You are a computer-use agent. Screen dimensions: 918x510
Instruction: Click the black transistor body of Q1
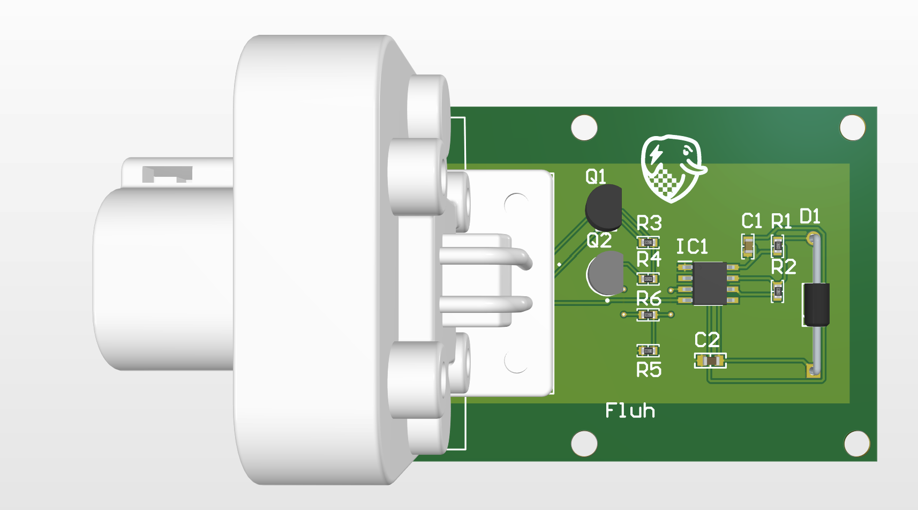(x=603, y=207)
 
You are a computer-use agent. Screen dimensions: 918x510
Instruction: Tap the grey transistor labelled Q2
(x=605, y=273)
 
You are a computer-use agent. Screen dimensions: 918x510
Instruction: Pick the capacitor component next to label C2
(x=710, y=361)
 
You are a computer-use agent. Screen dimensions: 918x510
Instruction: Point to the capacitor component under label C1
(x=748, y=246)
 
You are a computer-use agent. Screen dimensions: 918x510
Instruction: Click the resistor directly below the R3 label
(x=648, y=243)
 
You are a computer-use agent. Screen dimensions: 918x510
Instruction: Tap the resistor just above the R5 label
(x=648, y=350)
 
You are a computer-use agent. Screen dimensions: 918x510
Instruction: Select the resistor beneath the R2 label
(x=778, y=291)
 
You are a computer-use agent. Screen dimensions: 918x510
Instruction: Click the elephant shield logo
(x=672, y=168)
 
